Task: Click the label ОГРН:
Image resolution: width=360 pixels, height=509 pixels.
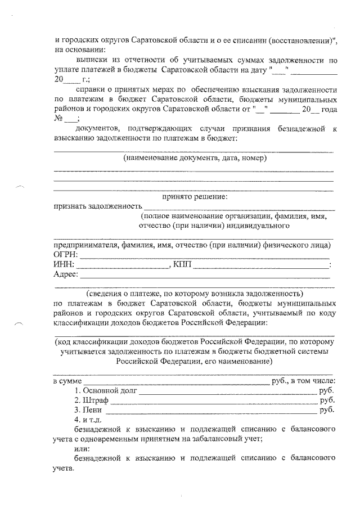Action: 65,255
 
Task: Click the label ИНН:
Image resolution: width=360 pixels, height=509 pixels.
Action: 64,265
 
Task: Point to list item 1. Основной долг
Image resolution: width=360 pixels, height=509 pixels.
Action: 106,389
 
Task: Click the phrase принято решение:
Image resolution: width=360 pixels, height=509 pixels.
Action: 195,197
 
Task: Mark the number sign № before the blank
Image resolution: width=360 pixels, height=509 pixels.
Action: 57,119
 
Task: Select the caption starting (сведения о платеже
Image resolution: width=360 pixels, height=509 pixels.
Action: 194,294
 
